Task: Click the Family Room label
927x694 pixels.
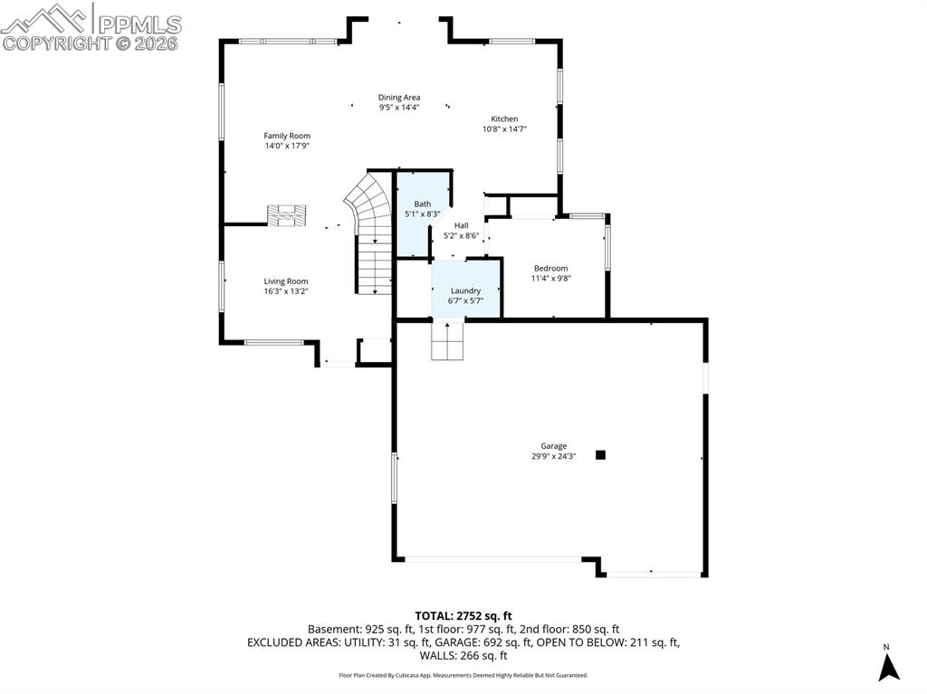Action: pyautogui.click(x=287, y=136)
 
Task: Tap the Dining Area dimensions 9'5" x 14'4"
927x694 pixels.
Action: pyautogui.click(x=399, y=108)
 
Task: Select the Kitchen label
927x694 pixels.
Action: pyautogui.click(x=504, y=119)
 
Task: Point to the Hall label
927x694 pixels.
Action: pyautogui.click(x=462, y=225)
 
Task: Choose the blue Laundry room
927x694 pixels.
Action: pyautogui.click(x=466, y=291)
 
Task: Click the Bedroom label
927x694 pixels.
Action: pyautogui.click(x=550, y=268)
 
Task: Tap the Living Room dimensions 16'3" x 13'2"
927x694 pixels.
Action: pyautogui.click(x=286, y=291)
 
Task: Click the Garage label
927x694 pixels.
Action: pyautogui.click(x=554, y=446)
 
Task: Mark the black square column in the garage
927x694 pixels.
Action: pyautogui.click(x=600, y=455)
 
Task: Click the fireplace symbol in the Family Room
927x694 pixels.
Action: pyautogui.click(x=287, y=215)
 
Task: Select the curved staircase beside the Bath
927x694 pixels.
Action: pyautogui.click(x=369, y=208)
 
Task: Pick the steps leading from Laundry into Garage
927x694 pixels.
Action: pyautogui.click(x=448, y=339)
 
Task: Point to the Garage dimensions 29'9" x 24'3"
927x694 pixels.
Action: pyautogui.click(x=554, y=457)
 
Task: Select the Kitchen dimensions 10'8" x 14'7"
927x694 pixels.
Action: pyautogui.click(x=504, y=129)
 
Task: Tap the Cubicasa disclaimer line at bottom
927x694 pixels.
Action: pyautogui.click(x=463, y=675)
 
